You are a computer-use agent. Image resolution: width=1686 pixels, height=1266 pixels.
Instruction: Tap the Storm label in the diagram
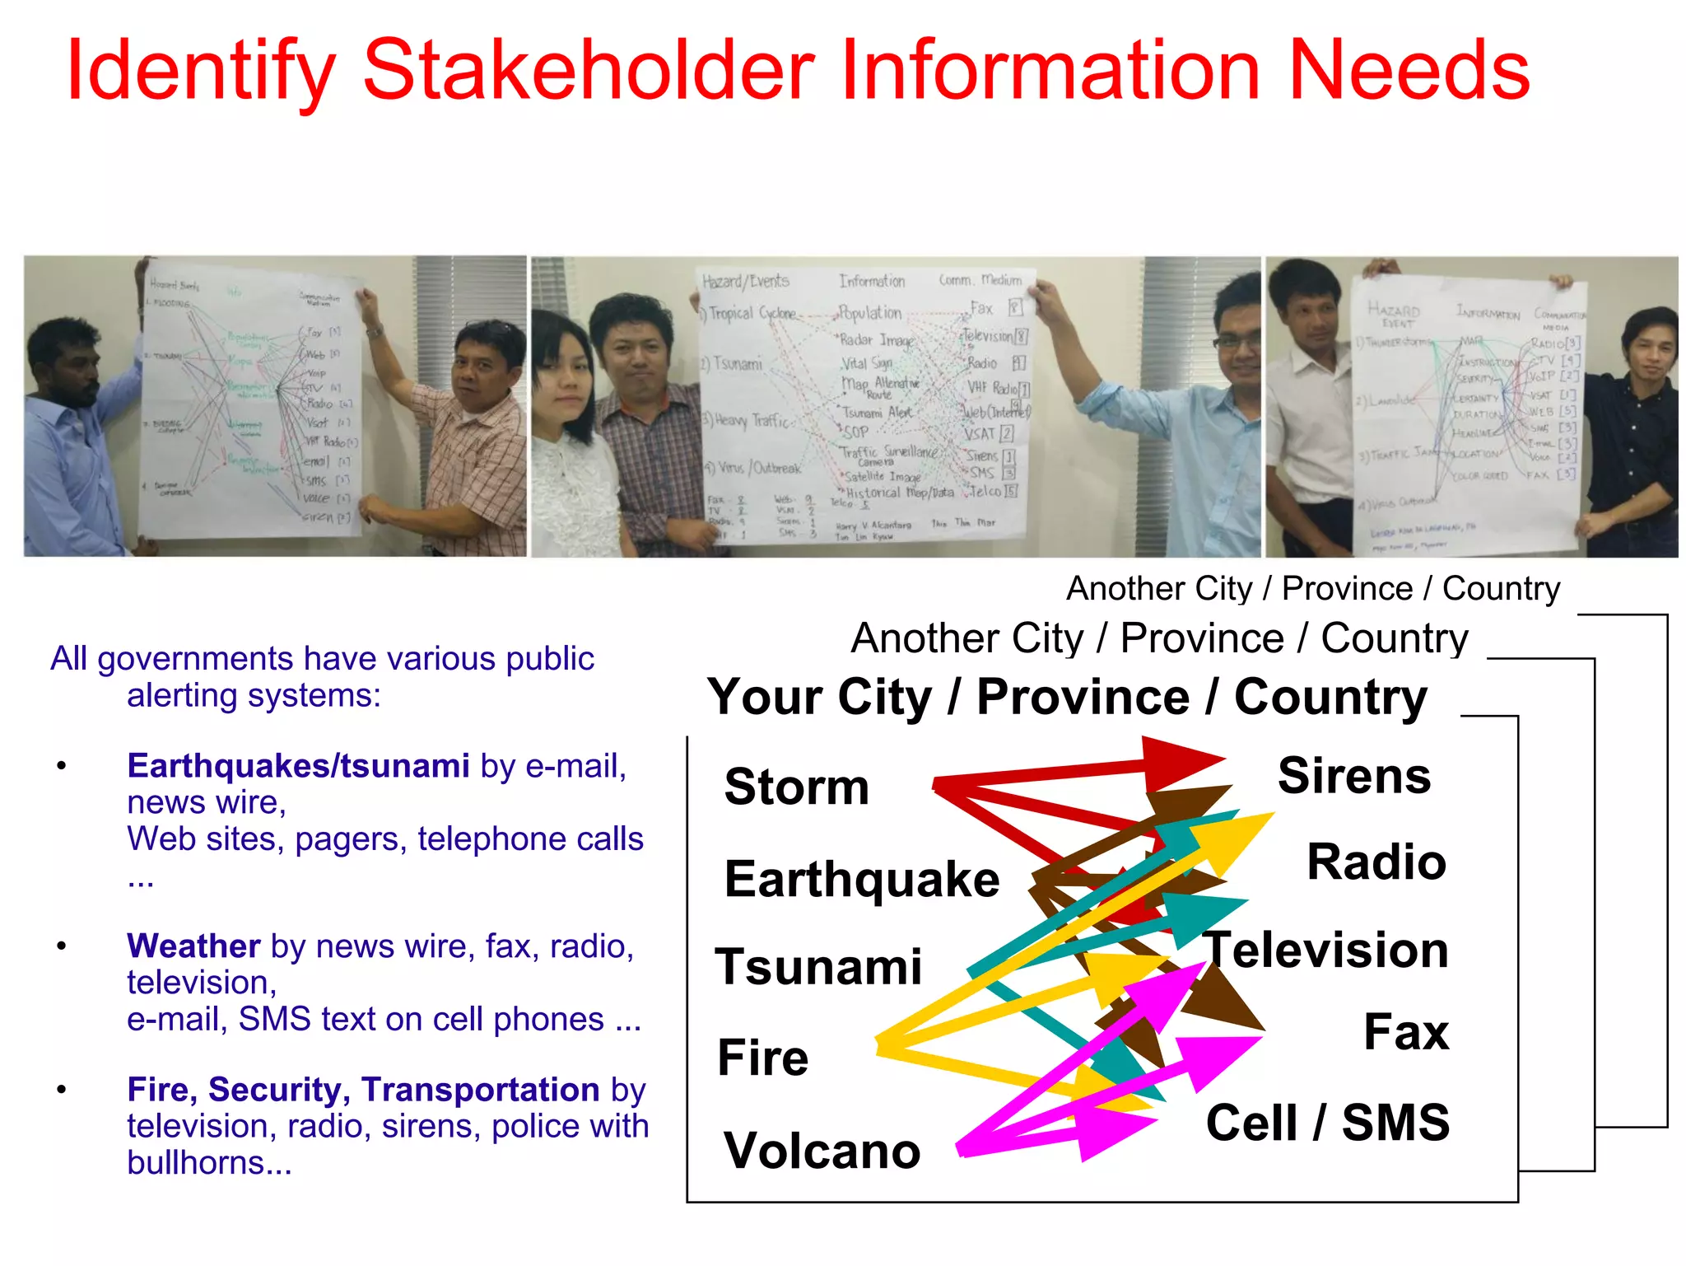pyautogui.click(x=796, y=787)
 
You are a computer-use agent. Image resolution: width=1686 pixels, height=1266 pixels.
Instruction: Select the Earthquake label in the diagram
pyautogui.click(x=861, y=879)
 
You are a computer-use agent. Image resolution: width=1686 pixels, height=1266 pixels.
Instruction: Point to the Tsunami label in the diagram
pyautogui.click(x=818, y=967)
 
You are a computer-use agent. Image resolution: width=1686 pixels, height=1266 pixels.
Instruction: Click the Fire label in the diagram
pyautogui.click(x=762, y=1058)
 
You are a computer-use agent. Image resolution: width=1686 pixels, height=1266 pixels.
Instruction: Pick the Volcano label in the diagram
pyautogui.click(x=822, y=1151)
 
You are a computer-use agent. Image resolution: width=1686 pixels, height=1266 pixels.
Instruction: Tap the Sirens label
pyautogui.click(x=1353, y=776)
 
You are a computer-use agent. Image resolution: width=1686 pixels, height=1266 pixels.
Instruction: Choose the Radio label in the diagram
pyautogui.click(x=1376, y=862)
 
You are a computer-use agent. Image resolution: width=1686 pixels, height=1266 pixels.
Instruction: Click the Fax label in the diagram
pyautogui.click(x=1405, y=1032)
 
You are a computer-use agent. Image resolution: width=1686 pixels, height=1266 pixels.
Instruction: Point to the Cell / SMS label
pyautogui.click(x=1327, y=1123)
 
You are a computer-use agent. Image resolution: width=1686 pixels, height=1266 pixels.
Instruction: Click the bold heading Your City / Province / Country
pyautogui.click(x=1067, y=698)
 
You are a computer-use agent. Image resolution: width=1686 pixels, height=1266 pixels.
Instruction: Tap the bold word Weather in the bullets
pyautogui.click(x=193, y=946)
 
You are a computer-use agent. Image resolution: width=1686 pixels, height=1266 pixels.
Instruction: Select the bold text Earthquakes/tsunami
pyautogui.click(x=298, y=766)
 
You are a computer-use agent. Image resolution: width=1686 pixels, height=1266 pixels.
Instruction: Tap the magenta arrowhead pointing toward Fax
pyautogui.click(x=1214, y=1058)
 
